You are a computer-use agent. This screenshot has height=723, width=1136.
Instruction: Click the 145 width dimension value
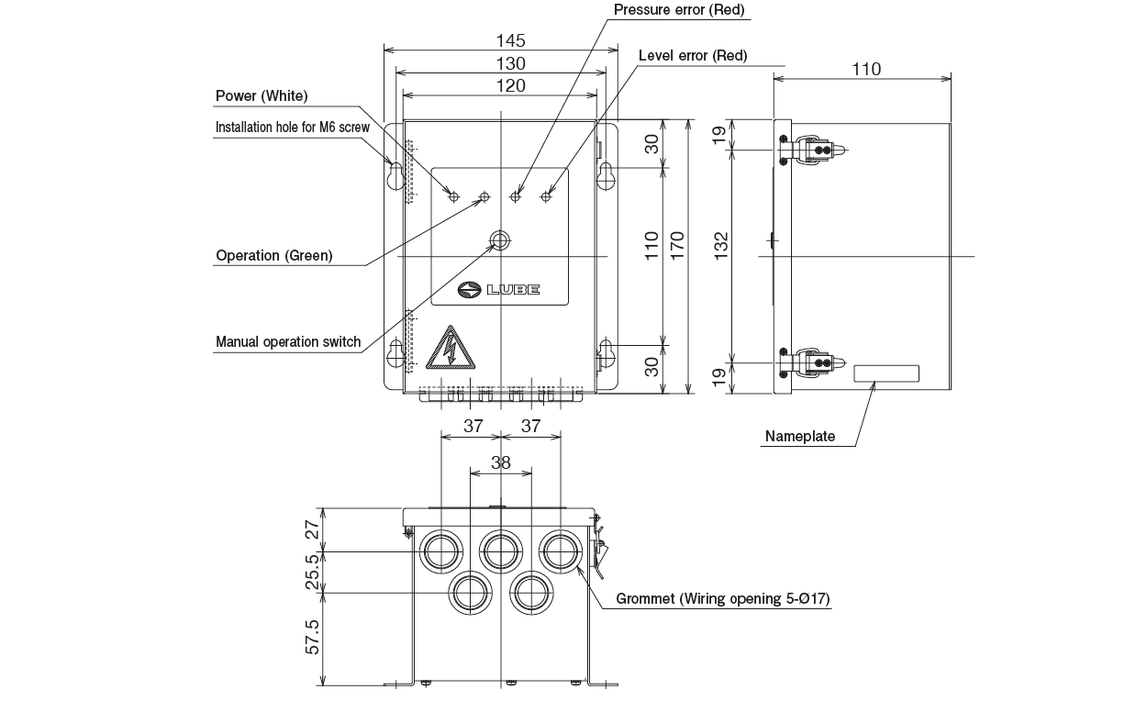click(510, 40)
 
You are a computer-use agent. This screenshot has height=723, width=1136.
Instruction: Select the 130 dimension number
click(510, 63)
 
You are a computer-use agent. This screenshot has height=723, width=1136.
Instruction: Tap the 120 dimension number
click(510, 85)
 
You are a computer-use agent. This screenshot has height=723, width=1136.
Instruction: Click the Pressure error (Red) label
click(679, 10)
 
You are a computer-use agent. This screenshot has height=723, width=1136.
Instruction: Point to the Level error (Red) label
click(693, 56)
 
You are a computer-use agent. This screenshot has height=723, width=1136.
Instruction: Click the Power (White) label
click(262, 96)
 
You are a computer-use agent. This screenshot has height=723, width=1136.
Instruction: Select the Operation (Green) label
click(273, 256)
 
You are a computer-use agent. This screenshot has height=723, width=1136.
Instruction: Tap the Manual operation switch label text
click(288, 342)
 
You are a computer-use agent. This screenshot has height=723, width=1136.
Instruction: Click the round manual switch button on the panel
click(499, 241)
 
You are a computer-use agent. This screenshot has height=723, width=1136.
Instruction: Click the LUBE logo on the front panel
click(499, 290)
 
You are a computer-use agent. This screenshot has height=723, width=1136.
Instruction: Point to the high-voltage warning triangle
click(450, 348)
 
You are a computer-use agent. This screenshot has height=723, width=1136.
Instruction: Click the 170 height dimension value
click(677, 247)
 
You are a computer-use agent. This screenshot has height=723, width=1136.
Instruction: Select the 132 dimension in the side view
click(721, 243)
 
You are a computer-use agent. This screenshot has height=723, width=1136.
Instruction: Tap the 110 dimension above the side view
click(866, 69)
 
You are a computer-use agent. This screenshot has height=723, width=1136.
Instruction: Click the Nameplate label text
click(800, 437)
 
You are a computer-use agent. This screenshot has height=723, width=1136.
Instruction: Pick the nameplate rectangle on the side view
click(885, 373)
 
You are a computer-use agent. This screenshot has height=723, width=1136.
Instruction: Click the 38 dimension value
click(500, 463)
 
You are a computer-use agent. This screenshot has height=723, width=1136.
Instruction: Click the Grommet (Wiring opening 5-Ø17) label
click(722, 599)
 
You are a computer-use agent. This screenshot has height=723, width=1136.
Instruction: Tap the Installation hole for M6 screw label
click(292, 128)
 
